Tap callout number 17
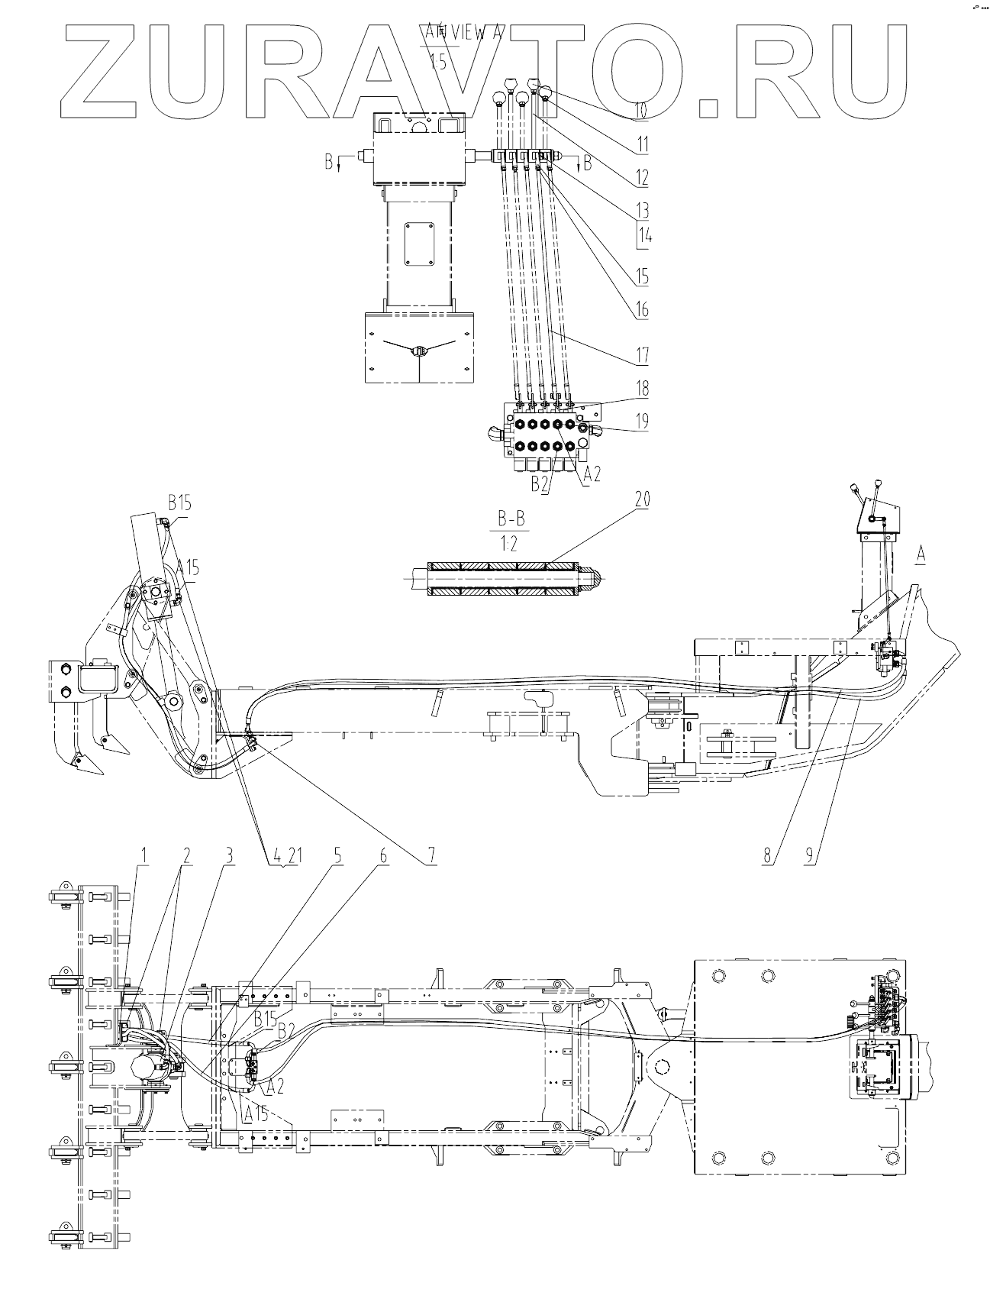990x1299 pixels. [x=642, y=355]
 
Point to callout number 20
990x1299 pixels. [x=642, y=500]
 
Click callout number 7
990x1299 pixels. [x=432, y=856]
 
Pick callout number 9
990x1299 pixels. [x=811, y=856]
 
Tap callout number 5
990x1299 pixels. [x=336, y=856]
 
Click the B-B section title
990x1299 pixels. [x=511, y=521]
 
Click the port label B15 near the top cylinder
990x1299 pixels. [x=179, y=503]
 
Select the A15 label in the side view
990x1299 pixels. [x=187, y=567]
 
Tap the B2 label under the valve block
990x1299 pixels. [x=540, y=483]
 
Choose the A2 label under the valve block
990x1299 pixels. [x=592, y=475]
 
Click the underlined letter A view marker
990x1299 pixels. [x=921, y=557]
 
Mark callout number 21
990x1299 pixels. [x=295, y=856]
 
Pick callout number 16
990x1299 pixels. [x=642, y=309]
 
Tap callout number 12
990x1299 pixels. [x=642, y=178]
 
